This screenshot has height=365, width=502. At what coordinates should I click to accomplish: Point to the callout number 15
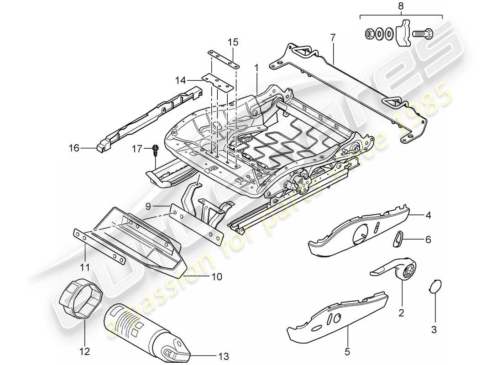[x=233, y=42]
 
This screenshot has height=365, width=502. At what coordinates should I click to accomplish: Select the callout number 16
[x=74, y=148]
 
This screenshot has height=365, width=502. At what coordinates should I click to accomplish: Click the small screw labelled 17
[x=155, y=148]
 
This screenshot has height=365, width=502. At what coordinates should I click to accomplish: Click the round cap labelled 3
[x=435, y=287]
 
